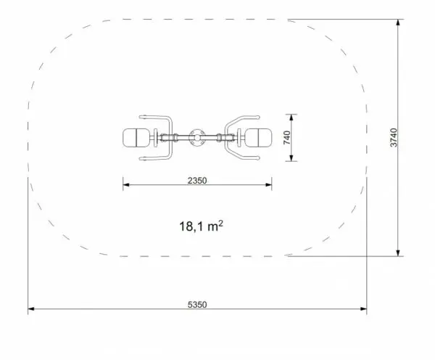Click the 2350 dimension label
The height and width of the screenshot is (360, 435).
tap(197, 181)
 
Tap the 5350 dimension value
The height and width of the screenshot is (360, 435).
tap(197, 305)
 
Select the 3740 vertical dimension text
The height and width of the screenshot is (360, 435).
tap(394, 137)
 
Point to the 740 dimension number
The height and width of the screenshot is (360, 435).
tap(287, 137)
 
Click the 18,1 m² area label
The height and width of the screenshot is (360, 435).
tap(201, 226)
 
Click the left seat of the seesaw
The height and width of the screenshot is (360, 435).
tap(136, 138)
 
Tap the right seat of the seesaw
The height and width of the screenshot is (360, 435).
tap(259, 138)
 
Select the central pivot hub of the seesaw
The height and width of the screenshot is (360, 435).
tap(197, 137)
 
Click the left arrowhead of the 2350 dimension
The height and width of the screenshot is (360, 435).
tap(126, 185)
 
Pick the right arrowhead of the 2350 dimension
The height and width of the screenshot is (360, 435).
tap(268, 185)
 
